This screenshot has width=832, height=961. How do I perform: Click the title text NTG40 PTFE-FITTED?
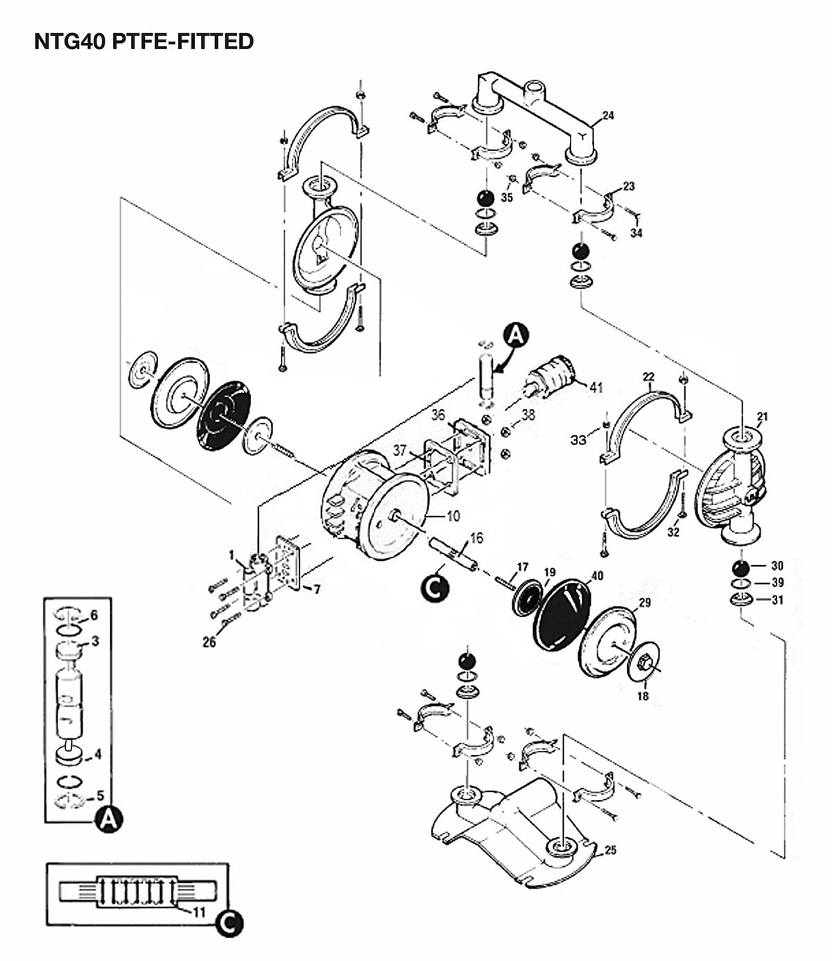[144, 42]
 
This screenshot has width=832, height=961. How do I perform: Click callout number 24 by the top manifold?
[608, 115]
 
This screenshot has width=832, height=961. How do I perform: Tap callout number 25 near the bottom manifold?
[610, 850]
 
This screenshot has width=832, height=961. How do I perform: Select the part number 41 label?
[596, 387]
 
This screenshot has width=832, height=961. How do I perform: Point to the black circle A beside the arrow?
[515, 335]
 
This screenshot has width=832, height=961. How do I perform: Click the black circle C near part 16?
[435, 588]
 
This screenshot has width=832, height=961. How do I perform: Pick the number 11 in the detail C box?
[199, 912]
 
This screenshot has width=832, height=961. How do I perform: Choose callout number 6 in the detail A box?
[94, 615]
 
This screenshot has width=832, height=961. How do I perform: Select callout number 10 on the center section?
[453, 516]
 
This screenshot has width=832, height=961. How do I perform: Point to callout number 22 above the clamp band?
[648, 377]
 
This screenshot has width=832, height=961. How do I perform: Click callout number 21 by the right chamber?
[762, 417]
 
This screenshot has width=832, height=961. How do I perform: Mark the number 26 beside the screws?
[209, 643]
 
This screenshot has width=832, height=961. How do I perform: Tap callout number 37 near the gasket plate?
[400, 451]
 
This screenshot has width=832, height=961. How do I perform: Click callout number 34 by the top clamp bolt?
[636, 233]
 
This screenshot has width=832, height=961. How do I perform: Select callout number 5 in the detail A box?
[101, 795]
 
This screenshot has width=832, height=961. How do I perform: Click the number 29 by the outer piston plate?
[644, 603]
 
